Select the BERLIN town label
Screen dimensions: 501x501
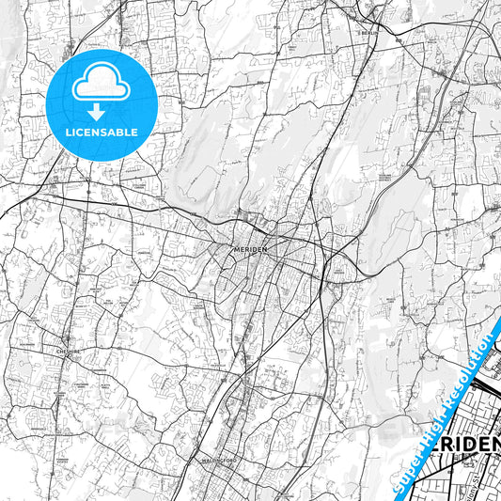[x=368, y=31]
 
